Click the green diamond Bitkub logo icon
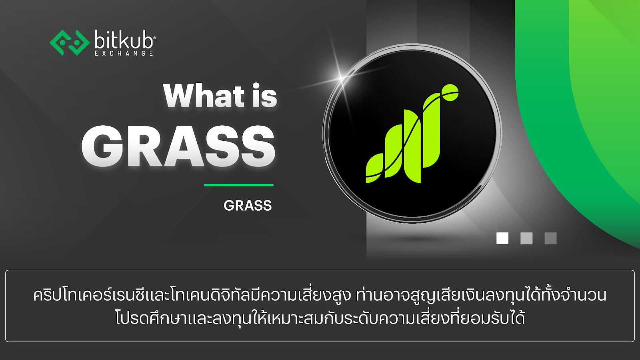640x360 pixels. point(70,42)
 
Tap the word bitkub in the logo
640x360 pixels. point(124,40)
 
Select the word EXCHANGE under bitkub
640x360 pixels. point(124,54)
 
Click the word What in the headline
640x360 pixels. point(204,96)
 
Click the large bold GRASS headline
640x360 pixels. point(178,146)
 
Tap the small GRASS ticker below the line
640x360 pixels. point(248,206)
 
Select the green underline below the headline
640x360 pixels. point(238,185)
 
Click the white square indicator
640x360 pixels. point(502,238)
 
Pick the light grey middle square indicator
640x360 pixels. point(526,238)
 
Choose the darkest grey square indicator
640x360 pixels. point(550,238)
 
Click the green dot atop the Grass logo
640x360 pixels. point(450,92)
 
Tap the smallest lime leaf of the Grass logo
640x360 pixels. point(374,168)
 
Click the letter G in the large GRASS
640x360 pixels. point(102,146)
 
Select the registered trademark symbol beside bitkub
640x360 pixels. point(154,38)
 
